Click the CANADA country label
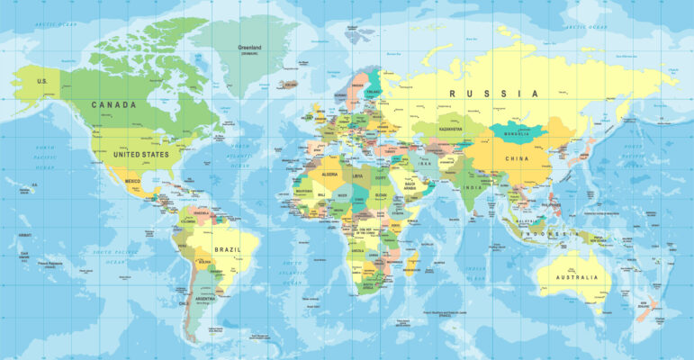pos(113,104)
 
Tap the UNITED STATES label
pos(141,154)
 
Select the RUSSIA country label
pos(494,94)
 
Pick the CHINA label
pos(518,158)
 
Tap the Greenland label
pos(249,47)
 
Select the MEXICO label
pos(132,181)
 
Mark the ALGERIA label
pos(329,173)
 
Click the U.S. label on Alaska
pos(41,81)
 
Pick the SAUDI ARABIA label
pos(411,187)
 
